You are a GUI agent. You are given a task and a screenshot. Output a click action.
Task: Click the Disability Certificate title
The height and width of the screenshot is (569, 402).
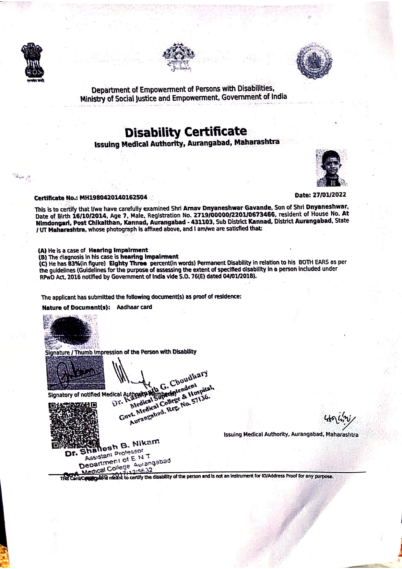[186, 132]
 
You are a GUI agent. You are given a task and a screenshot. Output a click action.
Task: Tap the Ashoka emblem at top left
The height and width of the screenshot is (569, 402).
[32, 61]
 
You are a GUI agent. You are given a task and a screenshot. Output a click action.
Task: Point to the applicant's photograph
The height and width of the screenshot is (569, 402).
[331, 168]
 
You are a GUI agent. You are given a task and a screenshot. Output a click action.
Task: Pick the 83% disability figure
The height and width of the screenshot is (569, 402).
[74, 263]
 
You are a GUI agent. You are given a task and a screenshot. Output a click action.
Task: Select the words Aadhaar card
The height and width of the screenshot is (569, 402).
[134, 307]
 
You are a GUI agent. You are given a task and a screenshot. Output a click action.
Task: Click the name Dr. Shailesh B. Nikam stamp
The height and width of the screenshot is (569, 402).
[112, 447]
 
